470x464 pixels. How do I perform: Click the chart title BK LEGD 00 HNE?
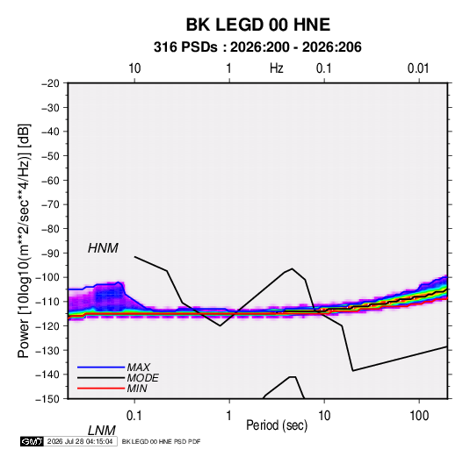pos(258,25)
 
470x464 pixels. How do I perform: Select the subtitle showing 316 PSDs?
pos(257,47)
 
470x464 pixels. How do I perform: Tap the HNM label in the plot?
pos(103,248)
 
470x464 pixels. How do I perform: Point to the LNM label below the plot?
pos(102,431)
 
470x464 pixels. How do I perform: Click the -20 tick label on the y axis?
pos(50,83)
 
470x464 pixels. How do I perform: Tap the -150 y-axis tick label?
pos(47,399)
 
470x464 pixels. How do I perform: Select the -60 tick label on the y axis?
pos(50,181)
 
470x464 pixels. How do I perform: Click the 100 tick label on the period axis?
pos(419,416)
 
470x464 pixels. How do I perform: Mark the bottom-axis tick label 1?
pos(229,416)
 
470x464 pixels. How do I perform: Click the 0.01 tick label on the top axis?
pos(418,68)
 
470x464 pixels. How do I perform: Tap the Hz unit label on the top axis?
pos(277,68)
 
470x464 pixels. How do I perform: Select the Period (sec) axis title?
pos(277,425)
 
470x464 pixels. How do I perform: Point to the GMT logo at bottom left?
pos(32,441)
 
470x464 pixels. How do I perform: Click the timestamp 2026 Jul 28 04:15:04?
pos(80,441)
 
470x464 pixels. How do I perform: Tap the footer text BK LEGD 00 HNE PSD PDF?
pos(162,441)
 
